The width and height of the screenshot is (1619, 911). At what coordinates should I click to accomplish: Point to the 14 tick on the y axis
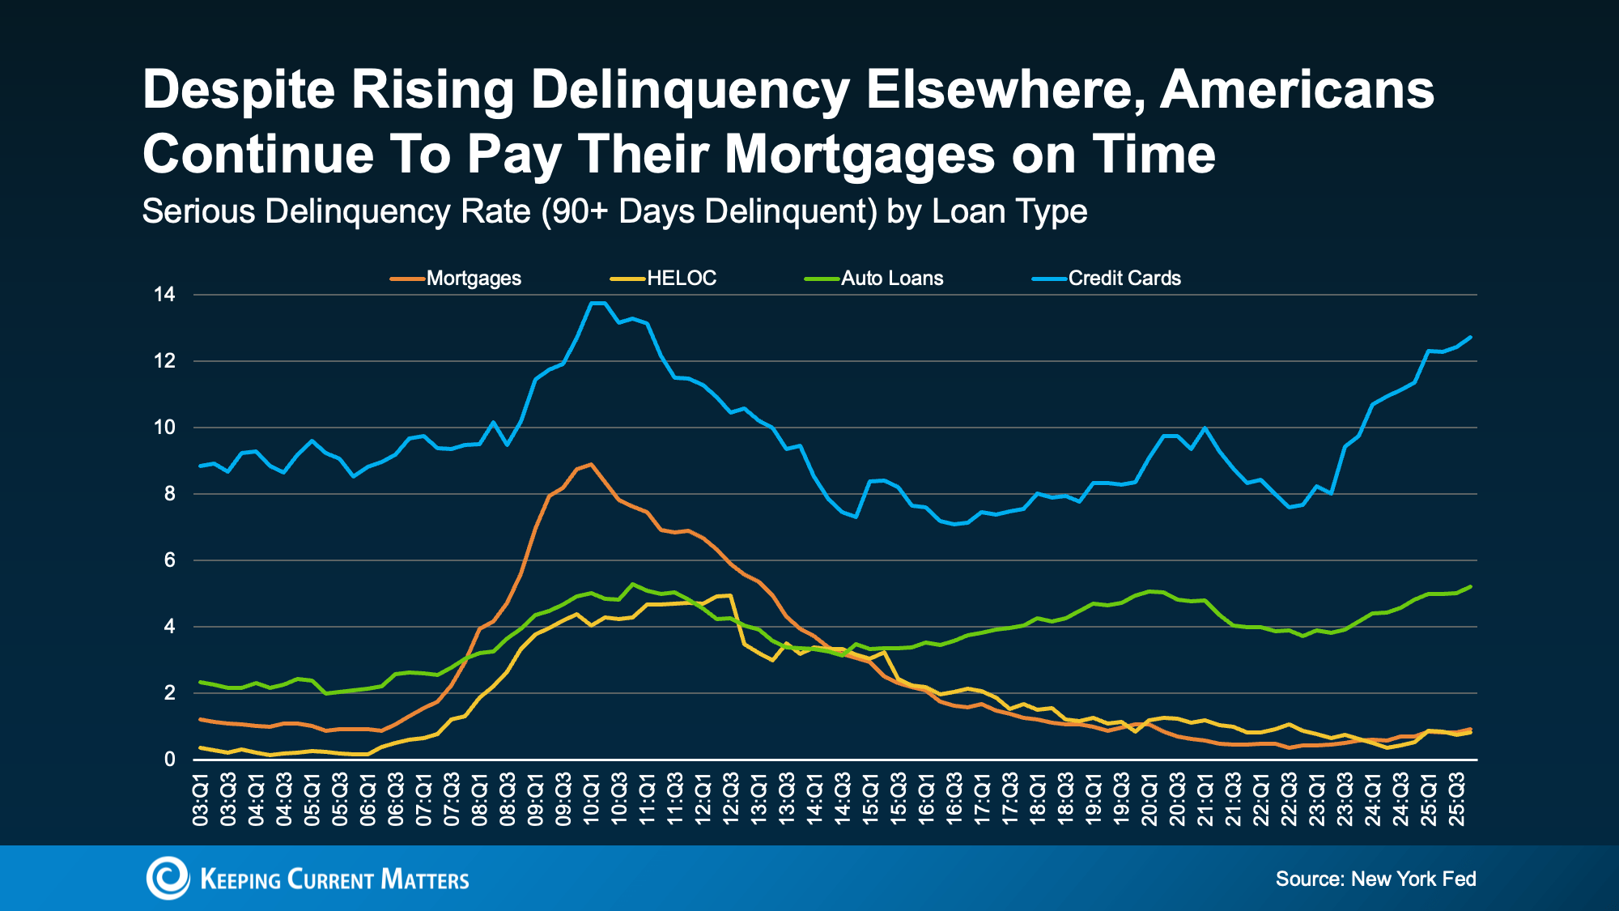click(x=164, y=295)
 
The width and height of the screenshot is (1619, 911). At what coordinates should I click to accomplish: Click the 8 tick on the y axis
click(x=169, y=494)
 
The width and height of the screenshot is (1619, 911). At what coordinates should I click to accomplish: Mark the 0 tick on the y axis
click(x=169, y=760)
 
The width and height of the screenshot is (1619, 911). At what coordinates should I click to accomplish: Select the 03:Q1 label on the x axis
click(x=201, y=800)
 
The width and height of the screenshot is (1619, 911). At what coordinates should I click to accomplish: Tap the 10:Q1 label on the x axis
click(x=592, y=800)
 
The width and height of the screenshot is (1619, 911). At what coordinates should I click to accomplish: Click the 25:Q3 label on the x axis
click(x=1457, y=800)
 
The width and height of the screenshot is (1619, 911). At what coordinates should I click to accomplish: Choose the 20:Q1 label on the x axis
click(x=1149, y=800)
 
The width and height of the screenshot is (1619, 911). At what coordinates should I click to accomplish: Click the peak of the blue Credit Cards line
click(x=597, y=303)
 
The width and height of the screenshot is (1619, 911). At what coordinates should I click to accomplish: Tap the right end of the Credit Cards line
click(x=1470, y=337)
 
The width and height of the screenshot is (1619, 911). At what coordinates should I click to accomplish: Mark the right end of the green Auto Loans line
click(x=1470, y=586)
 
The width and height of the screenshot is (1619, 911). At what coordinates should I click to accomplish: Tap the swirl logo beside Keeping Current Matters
click(x=168, y=878)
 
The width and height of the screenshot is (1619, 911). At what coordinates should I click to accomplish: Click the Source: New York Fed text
click(x=1375, y=879)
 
